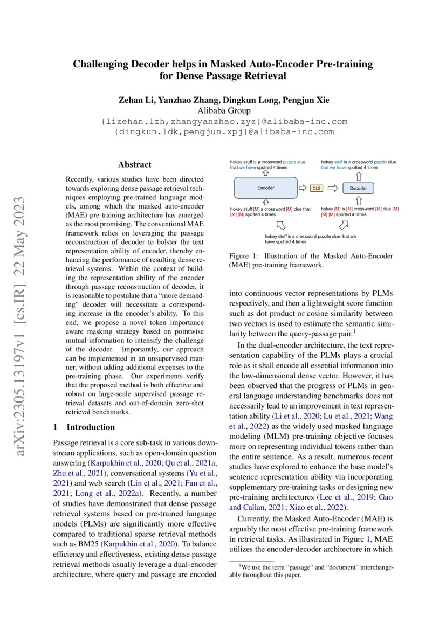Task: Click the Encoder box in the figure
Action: pos(265,188)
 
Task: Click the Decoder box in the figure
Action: pos(358,188)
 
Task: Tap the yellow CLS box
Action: pos(316,188)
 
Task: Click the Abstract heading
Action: pos(135,165)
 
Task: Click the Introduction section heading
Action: pos(91,427)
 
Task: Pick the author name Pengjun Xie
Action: pos(303,100)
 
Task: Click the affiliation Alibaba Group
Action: pos(223,111)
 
